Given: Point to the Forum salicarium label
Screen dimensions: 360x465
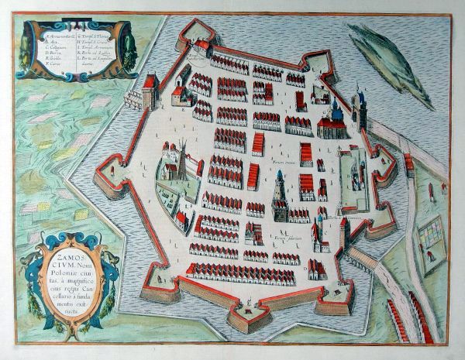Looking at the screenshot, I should point(282,230).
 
